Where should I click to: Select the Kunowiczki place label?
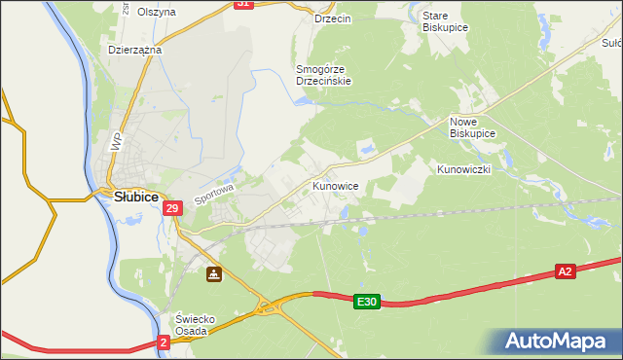point(464,169)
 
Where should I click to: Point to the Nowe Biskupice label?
point(472,126)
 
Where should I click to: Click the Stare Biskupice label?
point(446,21)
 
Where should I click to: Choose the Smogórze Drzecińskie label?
point(323,75)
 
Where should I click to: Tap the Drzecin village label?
point(333,18)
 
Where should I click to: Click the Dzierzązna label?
point(135,49)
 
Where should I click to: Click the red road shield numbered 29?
point(172,208)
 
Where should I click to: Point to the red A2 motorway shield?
point(566,271)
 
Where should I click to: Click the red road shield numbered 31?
point(244,4)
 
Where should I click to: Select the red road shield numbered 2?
point(164,342)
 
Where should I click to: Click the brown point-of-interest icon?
point(213,275)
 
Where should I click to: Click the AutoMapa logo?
point(560,341)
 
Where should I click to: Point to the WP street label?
point(117,141)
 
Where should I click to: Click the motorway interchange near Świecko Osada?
point(265,308)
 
